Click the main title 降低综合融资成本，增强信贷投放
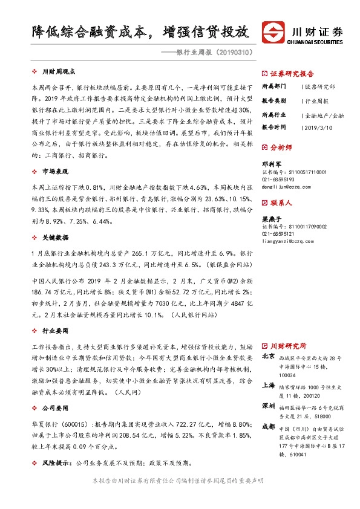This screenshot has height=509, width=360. (x=140, y=31)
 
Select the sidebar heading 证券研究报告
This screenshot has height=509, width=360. (x=288, y=71)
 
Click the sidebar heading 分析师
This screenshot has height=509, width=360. (x=280, y=147)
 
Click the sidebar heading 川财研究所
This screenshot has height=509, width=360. (x=288, y=346)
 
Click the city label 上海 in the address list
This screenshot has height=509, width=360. (x=267, y=386)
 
